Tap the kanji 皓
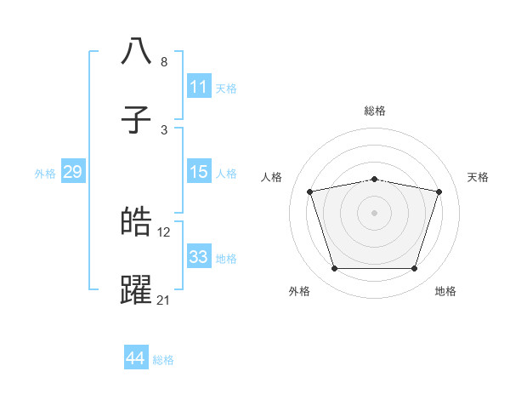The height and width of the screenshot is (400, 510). tap(136, 222)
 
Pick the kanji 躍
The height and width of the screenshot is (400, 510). tap(136, 289)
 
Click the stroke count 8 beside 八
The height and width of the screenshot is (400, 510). tap(164, 62)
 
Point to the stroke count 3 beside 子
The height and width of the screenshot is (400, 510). tap(164, 129)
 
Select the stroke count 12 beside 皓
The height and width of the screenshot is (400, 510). tap(165, 232)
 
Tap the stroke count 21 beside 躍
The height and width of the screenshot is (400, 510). tap(165, 300)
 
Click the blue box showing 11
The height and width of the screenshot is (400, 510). tap(199, 87)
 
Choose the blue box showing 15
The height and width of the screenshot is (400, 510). tap(199, 172)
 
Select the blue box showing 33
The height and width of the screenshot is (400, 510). tap(199, 257)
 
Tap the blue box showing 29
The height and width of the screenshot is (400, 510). tap(72, 172)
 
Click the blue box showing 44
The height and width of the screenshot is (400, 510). tap(136, 358)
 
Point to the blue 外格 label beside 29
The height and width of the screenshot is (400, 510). tap(45, 174)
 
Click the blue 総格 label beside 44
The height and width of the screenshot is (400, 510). tap(163, 360)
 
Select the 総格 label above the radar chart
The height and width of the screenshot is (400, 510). tap(374, 111)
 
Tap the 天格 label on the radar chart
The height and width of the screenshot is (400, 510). tap(478, 177)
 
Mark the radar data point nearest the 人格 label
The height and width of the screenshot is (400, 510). tap(310, 192)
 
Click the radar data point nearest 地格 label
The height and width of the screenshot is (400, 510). tap(414, 269)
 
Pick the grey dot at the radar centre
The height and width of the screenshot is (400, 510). tap(374, 213)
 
